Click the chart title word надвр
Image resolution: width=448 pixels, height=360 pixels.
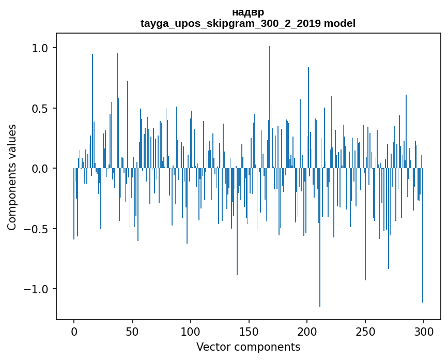pos(248,12)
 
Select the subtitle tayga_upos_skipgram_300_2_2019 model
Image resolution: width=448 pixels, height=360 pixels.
pos(248,23)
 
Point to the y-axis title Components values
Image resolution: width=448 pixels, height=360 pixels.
pos(12,177)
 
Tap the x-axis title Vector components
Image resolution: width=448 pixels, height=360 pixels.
pos(248,347)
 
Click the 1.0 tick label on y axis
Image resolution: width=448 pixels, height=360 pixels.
pos(40,48)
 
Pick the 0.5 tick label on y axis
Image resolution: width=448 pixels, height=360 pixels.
pos(40,109)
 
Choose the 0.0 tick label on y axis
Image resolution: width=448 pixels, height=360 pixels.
pos(40,169)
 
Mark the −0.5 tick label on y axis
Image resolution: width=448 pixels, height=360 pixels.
pos(36,229)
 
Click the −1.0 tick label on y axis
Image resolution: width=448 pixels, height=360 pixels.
pos(36,289)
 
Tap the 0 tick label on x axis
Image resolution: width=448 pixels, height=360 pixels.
pos(74,332)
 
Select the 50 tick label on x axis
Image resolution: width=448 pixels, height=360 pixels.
pos(132,332)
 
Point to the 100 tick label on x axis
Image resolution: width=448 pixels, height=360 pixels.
pos(191,332)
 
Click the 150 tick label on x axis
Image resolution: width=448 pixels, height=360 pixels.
pos(249,332)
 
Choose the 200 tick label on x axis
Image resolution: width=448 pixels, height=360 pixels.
pos(307,332)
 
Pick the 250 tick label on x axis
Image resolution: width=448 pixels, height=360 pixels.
pos(365,332)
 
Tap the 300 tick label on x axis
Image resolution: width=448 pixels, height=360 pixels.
pos(424,332)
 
